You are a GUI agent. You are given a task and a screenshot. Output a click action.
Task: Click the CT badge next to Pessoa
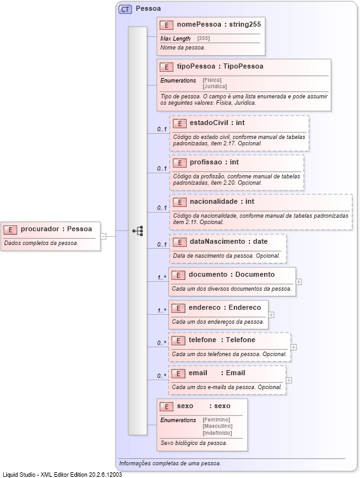click(125, 9)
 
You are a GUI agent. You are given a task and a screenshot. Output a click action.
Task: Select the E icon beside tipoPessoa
click(166, 66)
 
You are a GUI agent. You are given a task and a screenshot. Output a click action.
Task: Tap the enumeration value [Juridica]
click(215, 86)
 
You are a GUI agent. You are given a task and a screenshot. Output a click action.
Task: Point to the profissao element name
click(205, 162)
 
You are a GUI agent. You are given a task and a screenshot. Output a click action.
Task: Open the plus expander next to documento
click(298, 281)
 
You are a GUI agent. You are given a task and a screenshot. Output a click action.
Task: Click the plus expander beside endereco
click(271, 314)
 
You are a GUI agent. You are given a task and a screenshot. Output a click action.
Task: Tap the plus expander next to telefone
click(293, 347)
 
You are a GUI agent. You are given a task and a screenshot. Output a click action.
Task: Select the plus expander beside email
click(289, 380)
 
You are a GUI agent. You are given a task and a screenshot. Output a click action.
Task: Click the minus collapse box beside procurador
click(103, 236)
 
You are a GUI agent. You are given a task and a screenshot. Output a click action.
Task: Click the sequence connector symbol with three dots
click(137, 231)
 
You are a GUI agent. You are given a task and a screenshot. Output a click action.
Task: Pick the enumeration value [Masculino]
click(218, 426)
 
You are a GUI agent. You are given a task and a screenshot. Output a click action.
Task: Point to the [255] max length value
click(203, 39)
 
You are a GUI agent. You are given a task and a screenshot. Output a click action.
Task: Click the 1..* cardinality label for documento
click(162, 277)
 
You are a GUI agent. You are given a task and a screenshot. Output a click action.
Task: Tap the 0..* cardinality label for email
click(162, 376)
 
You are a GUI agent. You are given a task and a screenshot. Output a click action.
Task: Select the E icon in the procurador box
click(12, 229)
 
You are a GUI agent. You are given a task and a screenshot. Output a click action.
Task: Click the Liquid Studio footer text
click(62, 474)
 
